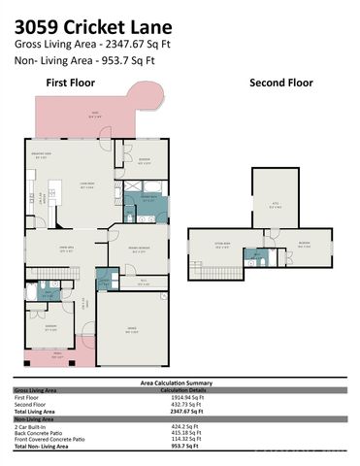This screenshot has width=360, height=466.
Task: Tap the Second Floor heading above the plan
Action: click(x=281, y=83)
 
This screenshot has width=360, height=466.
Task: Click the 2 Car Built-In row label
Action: click(x=35, y=425)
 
